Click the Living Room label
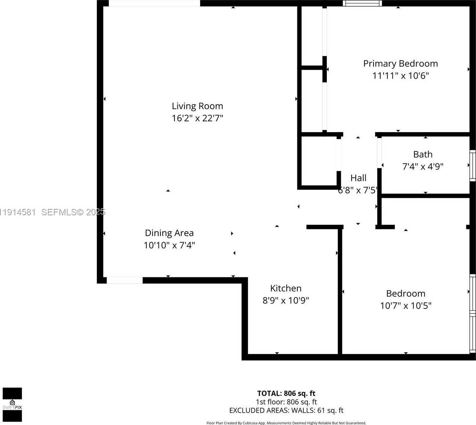(197, 106)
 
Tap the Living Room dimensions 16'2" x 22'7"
(197, 118)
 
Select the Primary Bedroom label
(400, 64)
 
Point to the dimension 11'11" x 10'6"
(400, 76)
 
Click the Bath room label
(423, 154)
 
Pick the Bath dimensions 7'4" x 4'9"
(423, 166)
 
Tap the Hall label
(358, 178)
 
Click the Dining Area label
(169, 233)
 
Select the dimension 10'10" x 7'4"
(169, 245)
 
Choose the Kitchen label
(286, 288)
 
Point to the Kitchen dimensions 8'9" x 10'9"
(286, 300)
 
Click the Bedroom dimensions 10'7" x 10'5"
(405, 305)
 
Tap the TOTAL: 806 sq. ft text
(286, 393)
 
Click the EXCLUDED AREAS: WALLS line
(286, 411)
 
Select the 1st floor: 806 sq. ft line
(286, 402)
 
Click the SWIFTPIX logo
(12, 405)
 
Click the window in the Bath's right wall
(472, 166)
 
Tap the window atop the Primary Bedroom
(362, 3)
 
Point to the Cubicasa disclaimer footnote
(286, 423)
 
